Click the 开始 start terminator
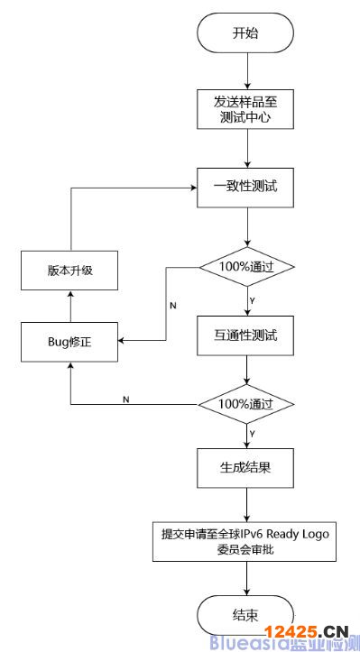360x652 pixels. pyautogui.click(x=245, y=33)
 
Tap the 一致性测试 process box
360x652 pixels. pyautogui.click(x=245, y=188)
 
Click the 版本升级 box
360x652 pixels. pyautogui.click(x=70, y=270)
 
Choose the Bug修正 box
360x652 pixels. pyautogui.click(x=70, y=342)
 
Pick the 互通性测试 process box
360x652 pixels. pyautogui.click(x=245, y=336)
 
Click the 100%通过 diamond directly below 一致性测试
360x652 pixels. pyautogui.click(x=245, y=268)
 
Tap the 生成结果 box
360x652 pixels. pyautogui.click(x=245, y=469)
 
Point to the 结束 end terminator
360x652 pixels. pyautogui.click(x=245, y=616)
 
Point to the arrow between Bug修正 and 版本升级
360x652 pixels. pyautogui.click(x=70, y=306)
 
